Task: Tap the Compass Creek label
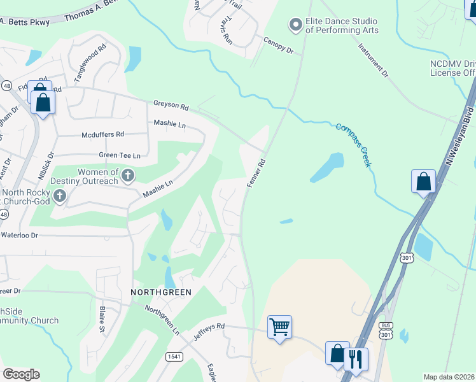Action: click(353, 145)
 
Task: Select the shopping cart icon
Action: click(279, 327)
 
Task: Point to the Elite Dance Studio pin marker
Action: click(295, 25)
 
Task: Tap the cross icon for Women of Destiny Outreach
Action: click(127, 175)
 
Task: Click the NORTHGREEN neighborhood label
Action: click(161, 292)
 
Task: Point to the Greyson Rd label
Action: click(171, 105)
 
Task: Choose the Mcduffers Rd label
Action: click(102, 135)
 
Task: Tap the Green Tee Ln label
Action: click(119, 155)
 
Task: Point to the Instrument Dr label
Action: click(373, 60)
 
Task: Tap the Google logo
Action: click(21, 374)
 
